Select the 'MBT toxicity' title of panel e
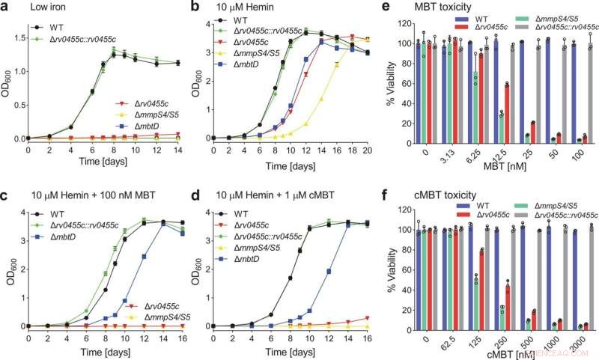443,9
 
